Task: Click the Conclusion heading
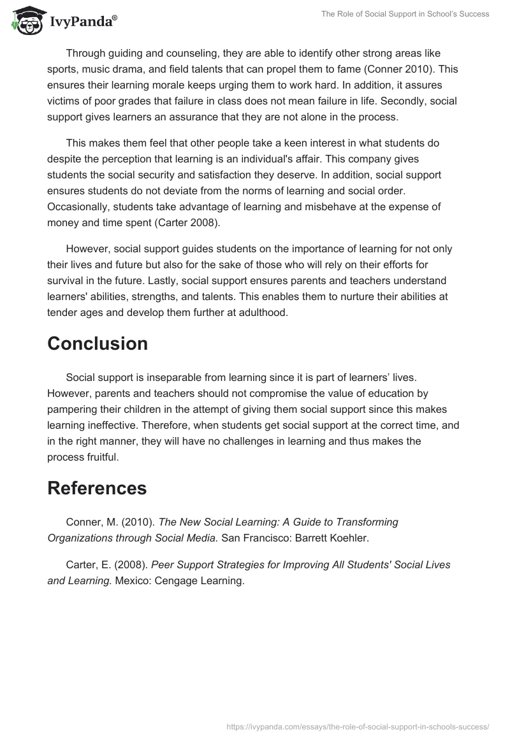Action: point(98,343)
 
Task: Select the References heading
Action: point(97,488)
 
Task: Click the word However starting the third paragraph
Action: point(89,248)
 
